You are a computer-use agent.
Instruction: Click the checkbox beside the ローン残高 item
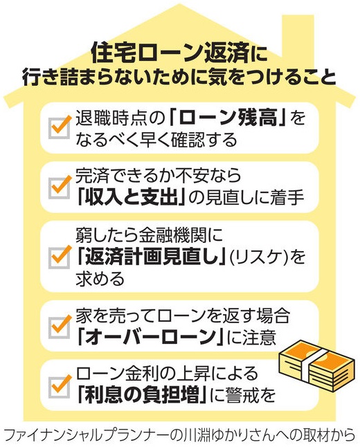tap(60, 128)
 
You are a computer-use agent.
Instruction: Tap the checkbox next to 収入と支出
tap(60, 188)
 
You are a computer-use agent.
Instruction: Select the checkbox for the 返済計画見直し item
tap(60, 257)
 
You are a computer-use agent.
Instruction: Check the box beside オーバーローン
tap(60, 327)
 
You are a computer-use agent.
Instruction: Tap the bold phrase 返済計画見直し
tap(150, 257)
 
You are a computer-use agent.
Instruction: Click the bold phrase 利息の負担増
tap(142, 395)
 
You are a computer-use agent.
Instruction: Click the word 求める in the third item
tap(100, 279)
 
